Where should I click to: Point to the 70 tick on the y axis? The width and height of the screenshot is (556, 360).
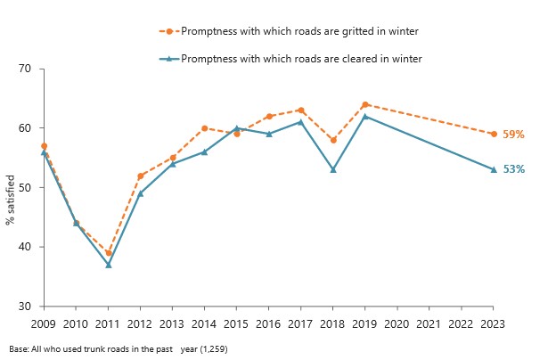click(25, 69)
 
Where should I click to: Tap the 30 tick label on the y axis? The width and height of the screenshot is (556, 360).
click(25, 307)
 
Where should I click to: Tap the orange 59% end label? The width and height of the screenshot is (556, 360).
click(513, 135)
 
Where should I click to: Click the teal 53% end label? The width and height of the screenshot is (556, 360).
click(513, 169)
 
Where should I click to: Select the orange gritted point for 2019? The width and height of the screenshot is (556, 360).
click(364, 104)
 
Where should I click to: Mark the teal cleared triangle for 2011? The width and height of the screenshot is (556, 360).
click(109, 265)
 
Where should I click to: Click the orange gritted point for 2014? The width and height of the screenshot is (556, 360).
click(204, 128)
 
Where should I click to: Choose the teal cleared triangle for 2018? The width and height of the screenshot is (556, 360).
click(332, 169)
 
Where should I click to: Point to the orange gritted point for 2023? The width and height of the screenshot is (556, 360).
click(493, 134)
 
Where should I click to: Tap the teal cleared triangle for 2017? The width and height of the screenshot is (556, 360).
click(300, 122)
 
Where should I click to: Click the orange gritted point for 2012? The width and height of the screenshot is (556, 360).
click(141, 176)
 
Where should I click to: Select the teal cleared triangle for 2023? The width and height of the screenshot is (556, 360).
click(493, 169)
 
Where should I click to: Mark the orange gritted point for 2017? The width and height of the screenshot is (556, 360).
click(300, 110)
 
